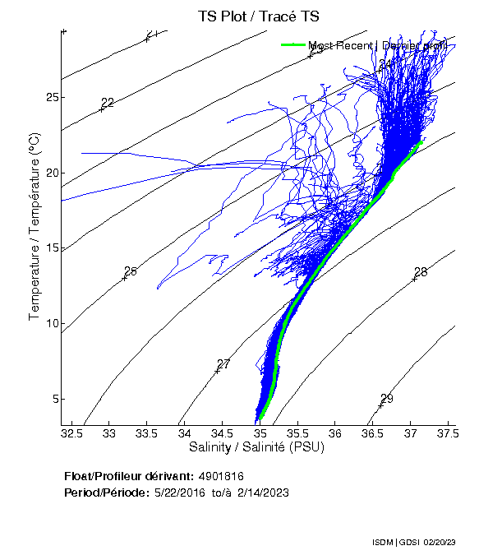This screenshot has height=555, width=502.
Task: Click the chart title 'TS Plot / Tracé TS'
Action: [258, 16]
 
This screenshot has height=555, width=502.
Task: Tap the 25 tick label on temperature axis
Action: [53, 97]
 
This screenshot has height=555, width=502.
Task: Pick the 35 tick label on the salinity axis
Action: [260, 432]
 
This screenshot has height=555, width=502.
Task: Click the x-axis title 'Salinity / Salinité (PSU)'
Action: [260, 446]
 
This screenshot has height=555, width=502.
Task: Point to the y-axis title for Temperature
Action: [35, 227]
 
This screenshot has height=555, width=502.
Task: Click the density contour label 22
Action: [107, 103]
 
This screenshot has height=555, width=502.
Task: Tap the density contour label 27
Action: [223, 364]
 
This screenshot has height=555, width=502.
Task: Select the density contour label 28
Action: [421, 272]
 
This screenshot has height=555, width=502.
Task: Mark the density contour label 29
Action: [387, 399]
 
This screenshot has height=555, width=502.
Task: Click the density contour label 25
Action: [130, 271]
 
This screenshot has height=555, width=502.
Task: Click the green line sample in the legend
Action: [293, 45]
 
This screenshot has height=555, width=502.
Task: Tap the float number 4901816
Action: [221, 476]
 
